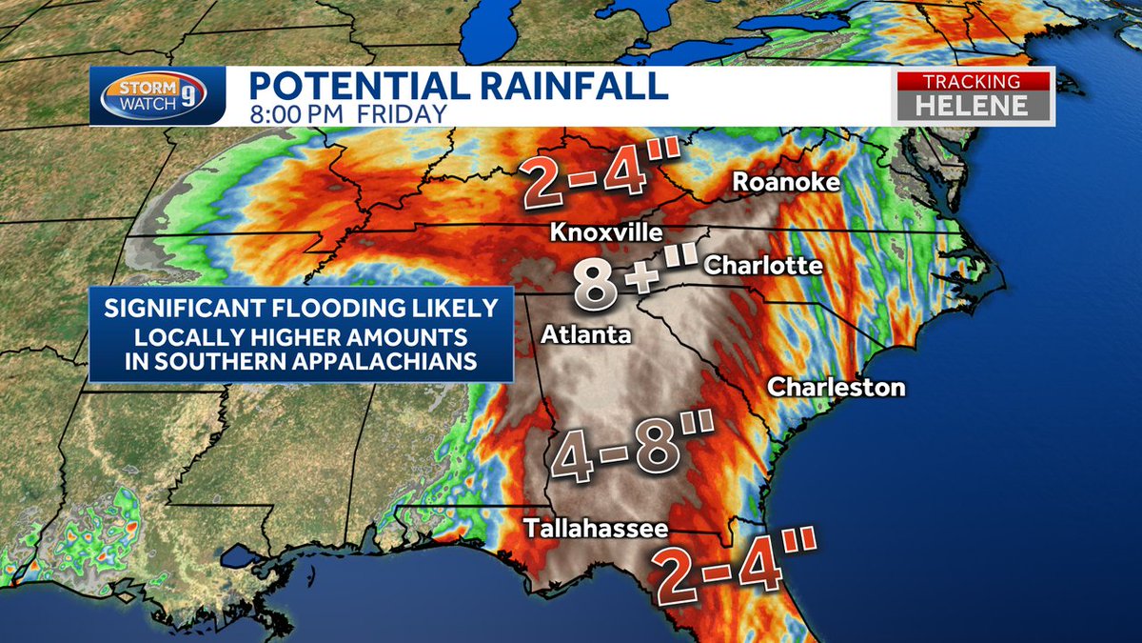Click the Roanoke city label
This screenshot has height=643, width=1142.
tap(785, 182)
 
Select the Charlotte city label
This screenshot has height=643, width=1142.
tap(762, 265)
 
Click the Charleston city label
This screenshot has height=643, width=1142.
tap(837, 387)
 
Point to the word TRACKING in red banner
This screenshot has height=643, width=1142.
tap(975, 82)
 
